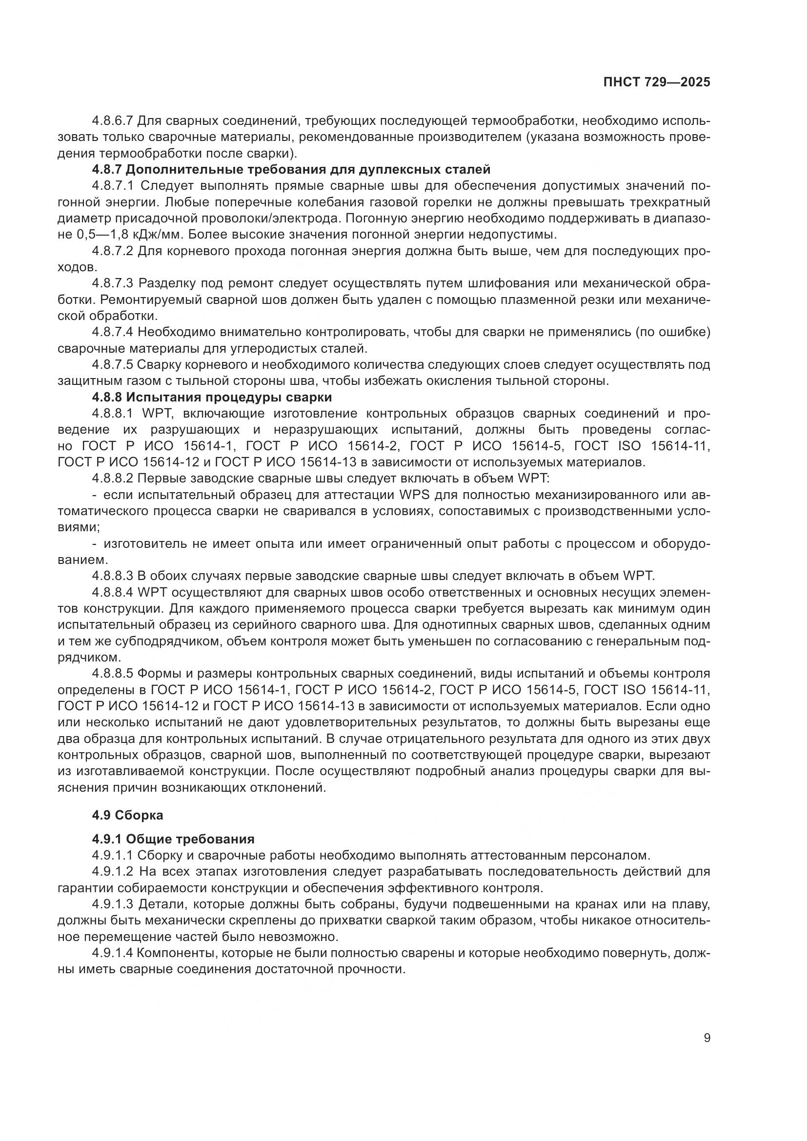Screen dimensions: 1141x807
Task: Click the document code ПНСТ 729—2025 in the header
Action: tap(656, 82)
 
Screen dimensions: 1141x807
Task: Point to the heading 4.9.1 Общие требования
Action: tap(173, 840)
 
